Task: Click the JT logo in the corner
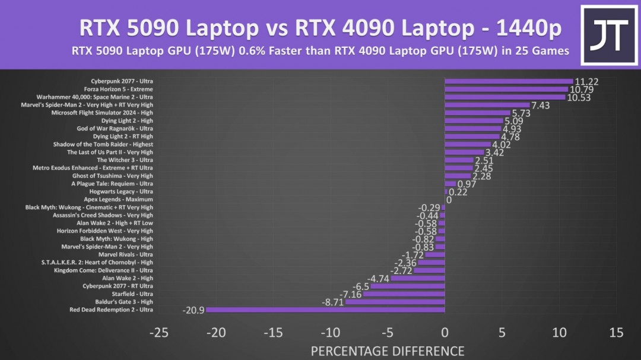point(608,35)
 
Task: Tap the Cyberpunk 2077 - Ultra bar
point(509,81)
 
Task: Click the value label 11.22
point(586,82)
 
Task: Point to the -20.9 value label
point(193,310)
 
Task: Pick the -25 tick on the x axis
point(158,333)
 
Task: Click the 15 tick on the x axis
point(616,333)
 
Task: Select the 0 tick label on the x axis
point(445,333)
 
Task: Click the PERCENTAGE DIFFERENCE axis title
point(388,351)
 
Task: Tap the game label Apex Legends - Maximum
point(118,199)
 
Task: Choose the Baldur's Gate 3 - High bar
point(395,302)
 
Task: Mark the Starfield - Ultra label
point(132,294)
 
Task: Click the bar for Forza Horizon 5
point(506,89)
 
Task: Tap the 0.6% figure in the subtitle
point(250,51)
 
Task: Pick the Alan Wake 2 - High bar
point(418,278)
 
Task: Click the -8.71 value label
point(333,302)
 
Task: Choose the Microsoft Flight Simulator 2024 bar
point(477,113)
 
